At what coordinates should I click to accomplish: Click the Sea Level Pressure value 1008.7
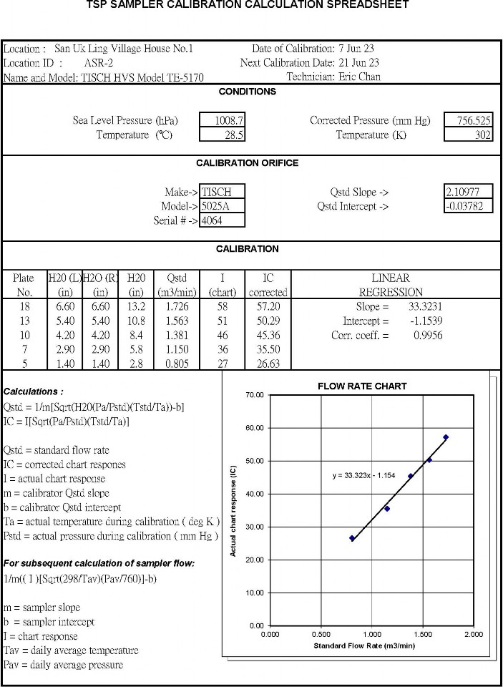tap(230, 120)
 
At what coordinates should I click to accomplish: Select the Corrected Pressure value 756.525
tap(468, 120)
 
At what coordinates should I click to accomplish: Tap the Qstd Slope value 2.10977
tap(468, 192)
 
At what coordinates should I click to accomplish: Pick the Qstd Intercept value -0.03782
tap(468, 206)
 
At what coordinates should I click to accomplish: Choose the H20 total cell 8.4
tap(136, 335)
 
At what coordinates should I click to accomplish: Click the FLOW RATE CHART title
tap(362, 386)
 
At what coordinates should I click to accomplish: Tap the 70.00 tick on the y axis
tap(255, 395)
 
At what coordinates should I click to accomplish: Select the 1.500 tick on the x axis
tap(422, 634)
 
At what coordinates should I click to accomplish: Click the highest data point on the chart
tap(446, 437)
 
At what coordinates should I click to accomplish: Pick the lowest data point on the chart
tap(352, 538)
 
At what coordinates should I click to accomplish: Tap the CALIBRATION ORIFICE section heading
tap(247, 162)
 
